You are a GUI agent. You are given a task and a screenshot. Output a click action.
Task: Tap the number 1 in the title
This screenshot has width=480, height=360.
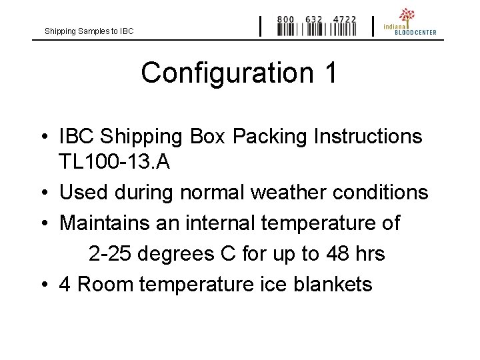click(329, 73)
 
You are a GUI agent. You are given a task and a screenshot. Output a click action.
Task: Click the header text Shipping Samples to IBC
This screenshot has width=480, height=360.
click(89, 31)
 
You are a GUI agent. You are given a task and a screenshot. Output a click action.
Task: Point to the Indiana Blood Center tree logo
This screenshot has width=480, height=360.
click(407, 15)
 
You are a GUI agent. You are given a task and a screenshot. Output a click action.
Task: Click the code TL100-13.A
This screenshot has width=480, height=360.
click(115, 162)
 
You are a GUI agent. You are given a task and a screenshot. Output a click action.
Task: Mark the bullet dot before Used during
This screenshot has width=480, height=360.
click(44, 193)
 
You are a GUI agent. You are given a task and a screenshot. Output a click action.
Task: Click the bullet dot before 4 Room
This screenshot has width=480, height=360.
click(44, 285)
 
